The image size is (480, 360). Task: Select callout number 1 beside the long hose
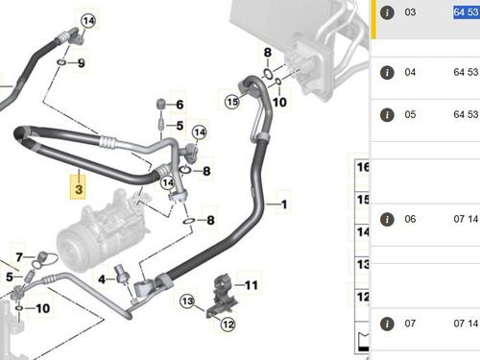click(x=282, y=204)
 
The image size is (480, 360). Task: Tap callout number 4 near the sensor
click(x=102, y=279)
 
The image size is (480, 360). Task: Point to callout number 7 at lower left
click(x=16, y=255)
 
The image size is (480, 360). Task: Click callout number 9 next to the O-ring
click(x=82, y=63)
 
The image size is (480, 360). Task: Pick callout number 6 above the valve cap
click(x=179, y=105)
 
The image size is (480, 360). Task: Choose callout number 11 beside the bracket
click(x=251, y=285)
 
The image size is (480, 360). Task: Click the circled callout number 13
click(x=188, y=303)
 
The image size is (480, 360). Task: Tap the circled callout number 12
click(x=228, y=324)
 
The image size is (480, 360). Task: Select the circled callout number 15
click(x=230, y=100)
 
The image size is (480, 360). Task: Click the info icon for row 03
click(x=387, y=12)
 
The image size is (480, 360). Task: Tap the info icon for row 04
click(x=387, y=72)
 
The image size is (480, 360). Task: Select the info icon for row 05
click(x=387, y=114)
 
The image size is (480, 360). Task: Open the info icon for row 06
click(x=387, y=218)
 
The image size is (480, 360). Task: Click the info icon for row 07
click(x=387, y=323)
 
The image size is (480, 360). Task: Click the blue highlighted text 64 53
click(x=466, y=12)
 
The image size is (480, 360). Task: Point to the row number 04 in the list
click(x=411, y=72)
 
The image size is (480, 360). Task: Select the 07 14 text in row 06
click(x=466, y=218)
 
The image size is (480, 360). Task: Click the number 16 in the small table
click(x=363, y=167)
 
